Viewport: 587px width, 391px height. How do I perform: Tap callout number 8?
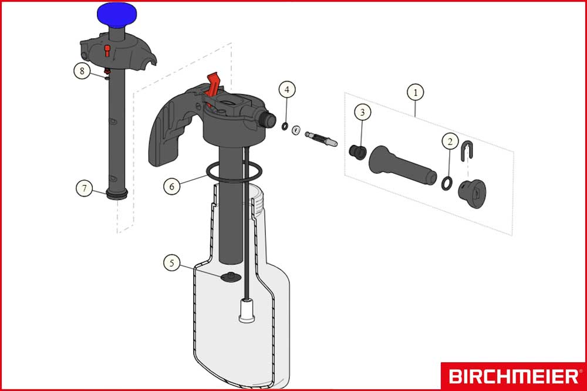pyautogui.click(x=83, y=71)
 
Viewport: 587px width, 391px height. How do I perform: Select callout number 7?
pyautogui.click(x=85, y=188)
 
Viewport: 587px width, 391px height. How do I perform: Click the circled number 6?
pyautogui.click(x=172, y=186)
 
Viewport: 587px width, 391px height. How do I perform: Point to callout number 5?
pyautogui.click(x=171, y=262)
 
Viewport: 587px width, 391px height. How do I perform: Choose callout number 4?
pyautogui.click(x=286, y=90)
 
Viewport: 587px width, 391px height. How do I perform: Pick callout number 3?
pyautogui.click(x=362, y=112)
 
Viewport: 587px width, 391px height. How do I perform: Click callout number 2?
pyautogui.click(x=450, y=141)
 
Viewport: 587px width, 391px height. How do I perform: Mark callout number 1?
pyautogui.click(x=415, y=92)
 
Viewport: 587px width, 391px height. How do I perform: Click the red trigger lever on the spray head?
pyautogui.click(x=214, y=83)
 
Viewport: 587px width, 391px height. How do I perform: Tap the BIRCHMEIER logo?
pyautogui.click(x=512, y=376)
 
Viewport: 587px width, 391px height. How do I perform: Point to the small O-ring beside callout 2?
pyautogui.click(x=447, y=184)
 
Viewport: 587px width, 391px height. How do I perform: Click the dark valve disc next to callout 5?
pyautogui.click(x=230, y=277)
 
